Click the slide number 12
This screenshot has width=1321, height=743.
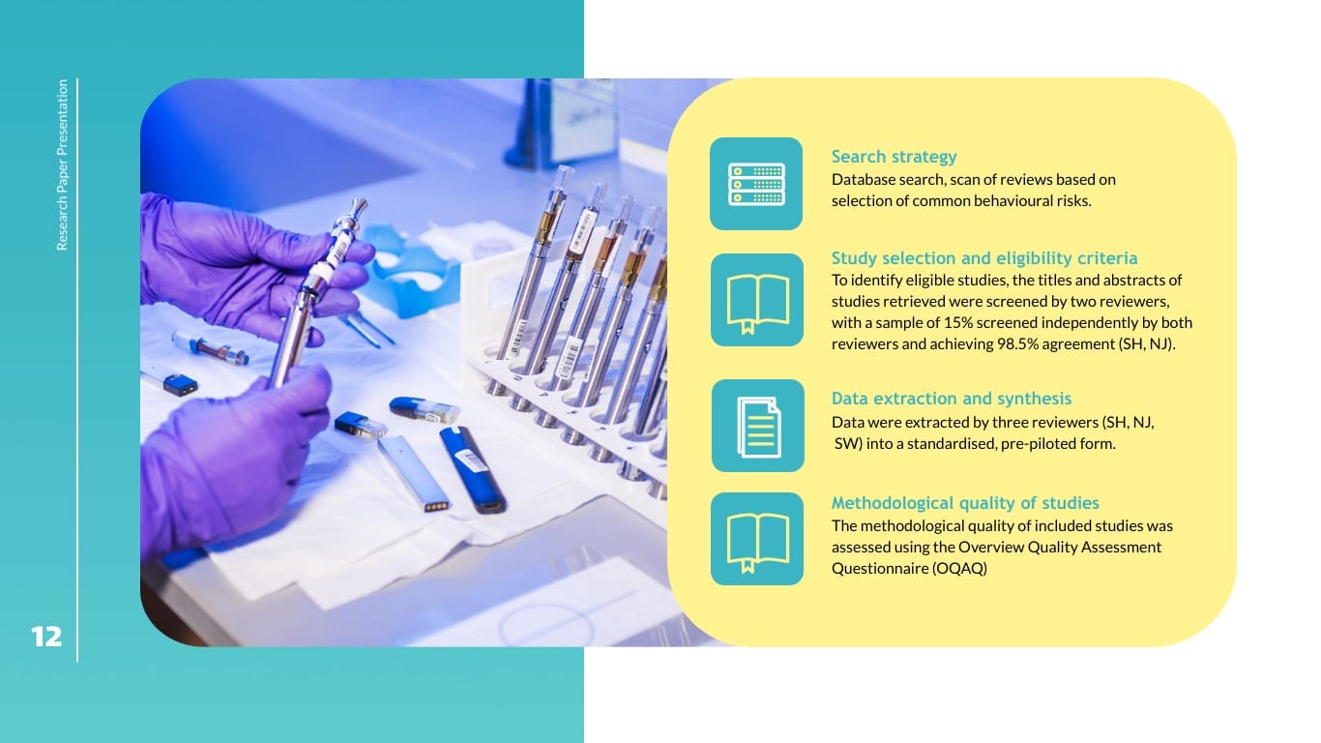[x=46, y=637]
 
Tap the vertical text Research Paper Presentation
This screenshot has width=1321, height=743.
[x=62, y=164]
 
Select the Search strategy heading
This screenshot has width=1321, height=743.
[x=894, y=157]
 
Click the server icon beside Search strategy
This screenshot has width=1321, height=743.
[x=756, y=184]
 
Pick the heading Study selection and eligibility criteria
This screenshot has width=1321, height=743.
[x=984, y=258]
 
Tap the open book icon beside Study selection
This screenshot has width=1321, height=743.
[x=757, y=300]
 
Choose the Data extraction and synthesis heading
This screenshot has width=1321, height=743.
[x=952, y=399]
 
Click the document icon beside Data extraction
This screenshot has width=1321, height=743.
[x=758, y=426]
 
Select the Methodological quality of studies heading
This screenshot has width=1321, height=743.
[x=965, y=503]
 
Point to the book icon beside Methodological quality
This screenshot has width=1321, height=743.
[x=757, y=540]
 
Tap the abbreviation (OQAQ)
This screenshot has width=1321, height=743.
[x=959, y=568]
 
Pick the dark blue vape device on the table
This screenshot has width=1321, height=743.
[x=472, y=470]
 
